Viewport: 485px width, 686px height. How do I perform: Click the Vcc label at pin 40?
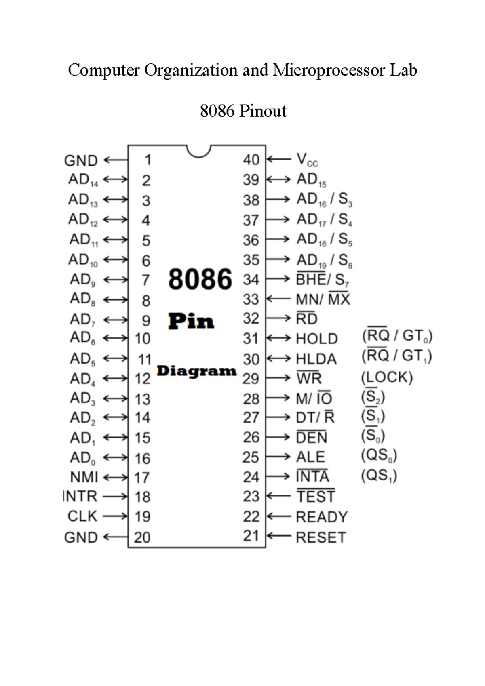pyautogui.click(x=307, y=160)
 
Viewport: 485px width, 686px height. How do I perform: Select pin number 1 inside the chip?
pyautogui.click(x=148, y=160)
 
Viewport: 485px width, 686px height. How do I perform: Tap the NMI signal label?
pyautogui.click(x=84, y=477)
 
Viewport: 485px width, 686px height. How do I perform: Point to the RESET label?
pyautogui.click(x=321, y=537)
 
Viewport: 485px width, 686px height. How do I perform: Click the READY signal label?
pyautogui.click(x=322, y=517)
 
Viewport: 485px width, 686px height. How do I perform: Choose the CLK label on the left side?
pyautogui.click(x=82, y=516)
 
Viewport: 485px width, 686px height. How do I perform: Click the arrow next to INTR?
pyautogui.click(x=115, y=497)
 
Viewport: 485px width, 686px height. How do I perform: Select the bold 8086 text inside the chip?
pyautogui.click(x=200, y=279)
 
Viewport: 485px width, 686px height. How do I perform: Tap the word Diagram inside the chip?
pyautogui.click(x=196, y=371)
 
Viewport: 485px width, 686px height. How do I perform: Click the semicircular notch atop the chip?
pyautogui.click(x=198, y=151)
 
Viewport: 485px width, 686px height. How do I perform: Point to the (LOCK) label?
pyautogui.click(x=387, y=377)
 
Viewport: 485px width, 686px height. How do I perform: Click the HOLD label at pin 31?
pyautogui.click(x=317, y=339)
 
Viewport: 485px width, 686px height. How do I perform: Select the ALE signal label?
pyautogui.click(x=310, y=457)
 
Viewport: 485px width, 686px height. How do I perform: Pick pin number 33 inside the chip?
pyautogui.click(x=251, y=299)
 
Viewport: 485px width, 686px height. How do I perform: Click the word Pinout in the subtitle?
pyautogui.click(x=263, y=111)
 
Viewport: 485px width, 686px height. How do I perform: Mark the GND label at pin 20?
pyautogui.click(x=81, y=537)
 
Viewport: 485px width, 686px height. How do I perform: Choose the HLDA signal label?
pyautogui.click(x=316, y=359)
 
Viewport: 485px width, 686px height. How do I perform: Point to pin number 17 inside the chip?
pyautogui.click(x=142, y=478)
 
